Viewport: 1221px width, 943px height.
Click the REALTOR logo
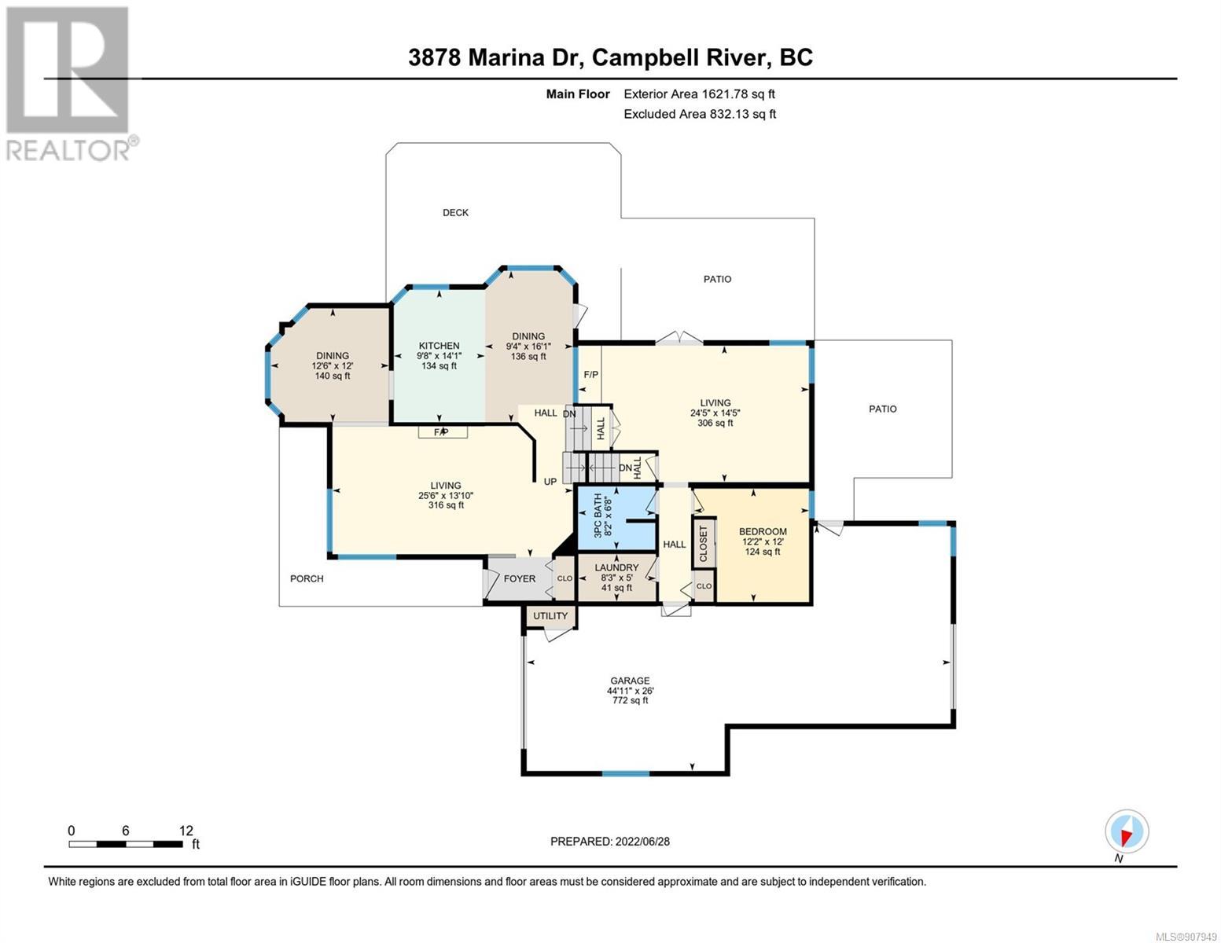coord(72,84)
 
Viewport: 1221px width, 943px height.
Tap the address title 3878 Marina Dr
coord(493,58)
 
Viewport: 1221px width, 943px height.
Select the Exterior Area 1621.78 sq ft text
coord(699,94)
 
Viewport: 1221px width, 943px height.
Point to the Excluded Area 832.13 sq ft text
coord(700,114)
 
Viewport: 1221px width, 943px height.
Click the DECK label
coord(455,213)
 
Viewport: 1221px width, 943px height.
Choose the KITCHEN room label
coord(439,346)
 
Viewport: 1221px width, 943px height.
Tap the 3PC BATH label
coord(598,515)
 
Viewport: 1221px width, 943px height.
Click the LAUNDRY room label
coord(616,568)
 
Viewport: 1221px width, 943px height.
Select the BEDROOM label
coord(763,531)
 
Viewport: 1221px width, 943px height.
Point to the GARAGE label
coord(630,681)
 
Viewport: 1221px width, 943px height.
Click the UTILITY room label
coord(550,616)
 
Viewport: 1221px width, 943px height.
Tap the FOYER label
coord(519,578)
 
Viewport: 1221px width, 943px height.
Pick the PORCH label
coord(307,578)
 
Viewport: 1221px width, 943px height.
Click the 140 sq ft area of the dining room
coord(332,376)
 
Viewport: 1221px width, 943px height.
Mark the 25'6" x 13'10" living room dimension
coord(446,495)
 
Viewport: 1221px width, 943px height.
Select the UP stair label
coord(550,482)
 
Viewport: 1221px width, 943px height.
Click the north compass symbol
coord(1127,831)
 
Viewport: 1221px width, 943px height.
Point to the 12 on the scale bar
coord(186,831)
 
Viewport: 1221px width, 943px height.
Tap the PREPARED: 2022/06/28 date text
coord(609,842)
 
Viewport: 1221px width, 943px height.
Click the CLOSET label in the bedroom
coord(704,544)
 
